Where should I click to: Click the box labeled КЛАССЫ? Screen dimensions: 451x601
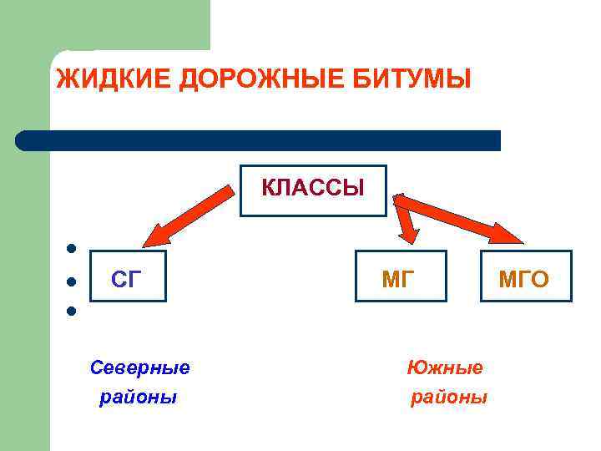(313, 190)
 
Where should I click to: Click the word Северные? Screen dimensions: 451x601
(139, 367)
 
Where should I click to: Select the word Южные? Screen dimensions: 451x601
(444, 367)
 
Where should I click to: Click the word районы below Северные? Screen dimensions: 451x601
(138, 398)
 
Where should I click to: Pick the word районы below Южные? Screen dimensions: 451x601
(448, 398)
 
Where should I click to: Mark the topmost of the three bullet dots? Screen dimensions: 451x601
(73, 248)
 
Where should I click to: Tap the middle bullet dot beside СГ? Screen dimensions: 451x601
(73, 281)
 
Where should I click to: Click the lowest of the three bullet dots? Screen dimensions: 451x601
(73, 312)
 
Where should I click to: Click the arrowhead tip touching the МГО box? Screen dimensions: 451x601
(519, 242)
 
